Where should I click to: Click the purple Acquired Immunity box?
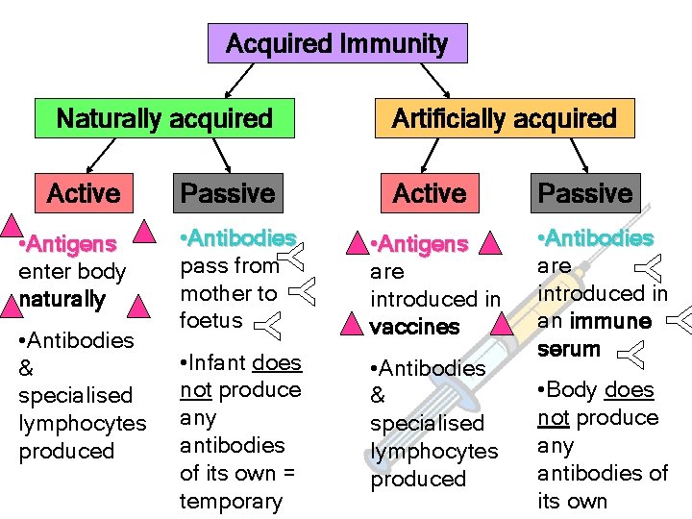click(337, 43)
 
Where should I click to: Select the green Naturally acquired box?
click(164, 118)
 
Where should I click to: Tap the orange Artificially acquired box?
click(504, 118)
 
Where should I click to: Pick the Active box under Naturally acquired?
click(84, 193)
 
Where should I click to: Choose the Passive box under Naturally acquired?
click(228, 193)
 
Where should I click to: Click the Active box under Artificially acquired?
click(430, 193)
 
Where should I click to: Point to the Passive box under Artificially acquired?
click(584, 193)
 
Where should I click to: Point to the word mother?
click(214, 293)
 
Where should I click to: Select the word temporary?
click(231, 501)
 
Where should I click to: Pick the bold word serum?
click(569, 349)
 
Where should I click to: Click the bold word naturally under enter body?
click(62, 299)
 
